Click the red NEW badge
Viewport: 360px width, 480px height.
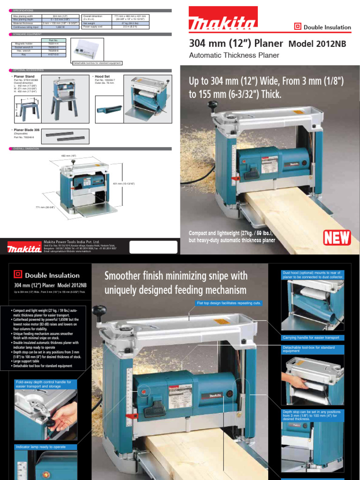(337, 238)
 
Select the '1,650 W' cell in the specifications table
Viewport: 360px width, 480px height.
(59, 28)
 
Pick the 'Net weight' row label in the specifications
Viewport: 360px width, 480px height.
(92, 22)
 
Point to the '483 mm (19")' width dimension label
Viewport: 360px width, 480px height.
(68, 155)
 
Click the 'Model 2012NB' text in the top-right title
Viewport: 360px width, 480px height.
(316, 44)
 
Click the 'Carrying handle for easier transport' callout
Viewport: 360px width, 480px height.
(312, 337)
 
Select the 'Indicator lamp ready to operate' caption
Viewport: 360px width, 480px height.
(40, 447)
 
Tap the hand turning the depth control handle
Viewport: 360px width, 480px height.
(66, 415)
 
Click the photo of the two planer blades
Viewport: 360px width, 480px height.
(67, 135)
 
